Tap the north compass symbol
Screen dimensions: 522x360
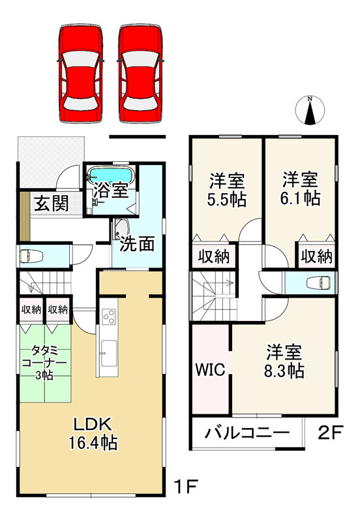click(311, 111)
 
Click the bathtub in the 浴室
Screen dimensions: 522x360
click(111, 176)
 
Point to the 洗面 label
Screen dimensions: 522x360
click(137, 244)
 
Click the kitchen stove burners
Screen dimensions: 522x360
click(108, 318)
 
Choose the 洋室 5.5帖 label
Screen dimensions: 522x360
click(227, 190)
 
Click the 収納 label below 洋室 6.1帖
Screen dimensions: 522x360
click(316, 256)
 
